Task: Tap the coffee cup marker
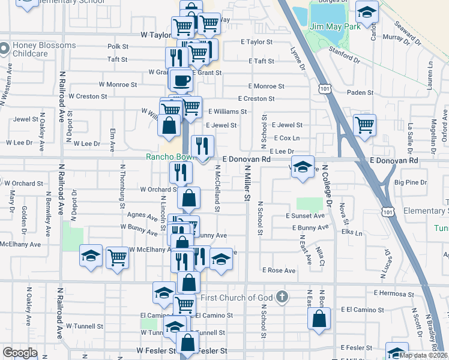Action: point(181,80)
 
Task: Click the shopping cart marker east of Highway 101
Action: point(364,125)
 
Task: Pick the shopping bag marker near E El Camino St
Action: point(319,319)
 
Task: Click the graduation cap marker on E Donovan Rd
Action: point(303,167)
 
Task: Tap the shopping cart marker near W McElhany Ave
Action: point(118,258)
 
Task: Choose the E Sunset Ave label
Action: point(306,215)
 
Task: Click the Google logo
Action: point(20,353)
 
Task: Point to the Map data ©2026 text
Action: point(423,355)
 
